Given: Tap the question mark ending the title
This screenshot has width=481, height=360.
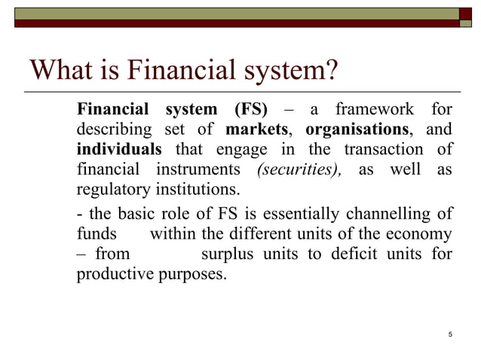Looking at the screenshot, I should [x=328, y=72].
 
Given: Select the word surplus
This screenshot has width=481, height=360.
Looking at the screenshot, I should [x=228, y=255].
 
